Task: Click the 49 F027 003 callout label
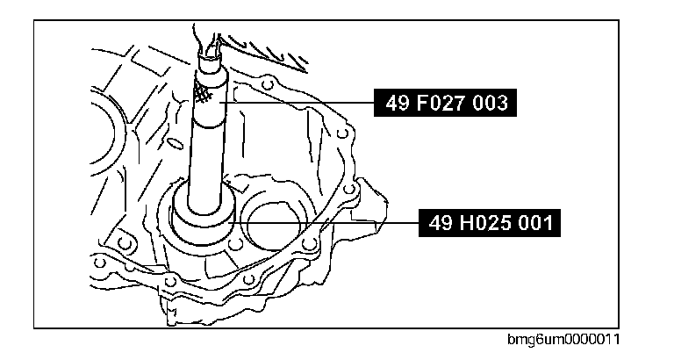click(445, 103)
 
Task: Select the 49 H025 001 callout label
click(489, 223)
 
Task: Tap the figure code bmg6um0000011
click(563, 340)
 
